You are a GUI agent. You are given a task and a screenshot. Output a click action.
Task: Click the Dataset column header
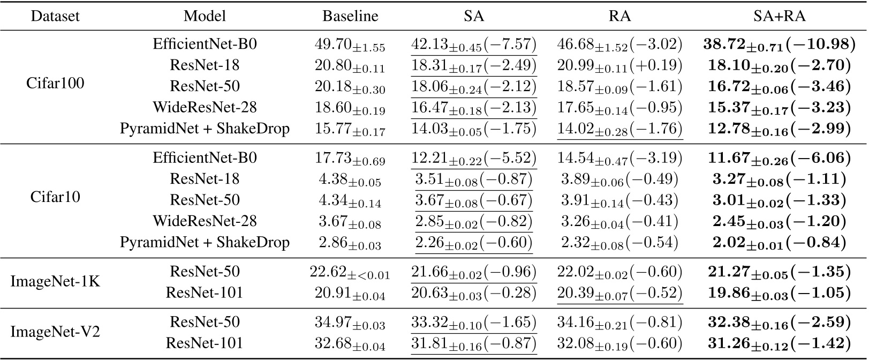[55, 17]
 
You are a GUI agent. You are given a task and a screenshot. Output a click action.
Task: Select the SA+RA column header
[779, 17]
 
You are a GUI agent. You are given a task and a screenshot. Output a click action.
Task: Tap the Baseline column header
[350, 17]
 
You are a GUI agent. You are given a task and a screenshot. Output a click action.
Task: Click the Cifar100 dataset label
[55, 84]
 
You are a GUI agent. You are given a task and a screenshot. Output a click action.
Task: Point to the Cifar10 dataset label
[55, 197]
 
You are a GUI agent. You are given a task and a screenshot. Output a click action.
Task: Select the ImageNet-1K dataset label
[55, 281]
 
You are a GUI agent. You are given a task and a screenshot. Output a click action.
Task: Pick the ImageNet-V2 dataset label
[55, 332]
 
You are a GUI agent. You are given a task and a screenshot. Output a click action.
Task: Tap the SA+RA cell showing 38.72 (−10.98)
[779, 45]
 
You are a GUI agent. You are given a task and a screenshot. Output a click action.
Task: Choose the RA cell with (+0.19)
[620, 66]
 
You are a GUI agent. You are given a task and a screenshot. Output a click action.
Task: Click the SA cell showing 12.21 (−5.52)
[474, 159]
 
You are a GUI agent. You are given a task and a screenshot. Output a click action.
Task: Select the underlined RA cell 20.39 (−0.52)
[620, 294]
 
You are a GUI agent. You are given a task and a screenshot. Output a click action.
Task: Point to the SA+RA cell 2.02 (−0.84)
[779, 243]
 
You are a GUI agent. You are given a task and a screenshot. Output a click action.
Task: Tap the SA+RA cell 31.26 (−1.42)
[779, 344]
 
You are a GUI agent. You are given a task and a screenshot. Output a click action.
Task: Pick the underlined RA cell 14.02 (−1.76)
[620, 130]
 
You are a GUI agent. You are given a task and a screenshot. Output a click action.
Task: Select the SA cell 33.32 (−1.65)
[474, 323]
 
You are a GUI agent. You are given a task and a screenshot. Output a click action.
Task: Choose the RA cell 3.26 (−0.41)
[620, 222]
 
